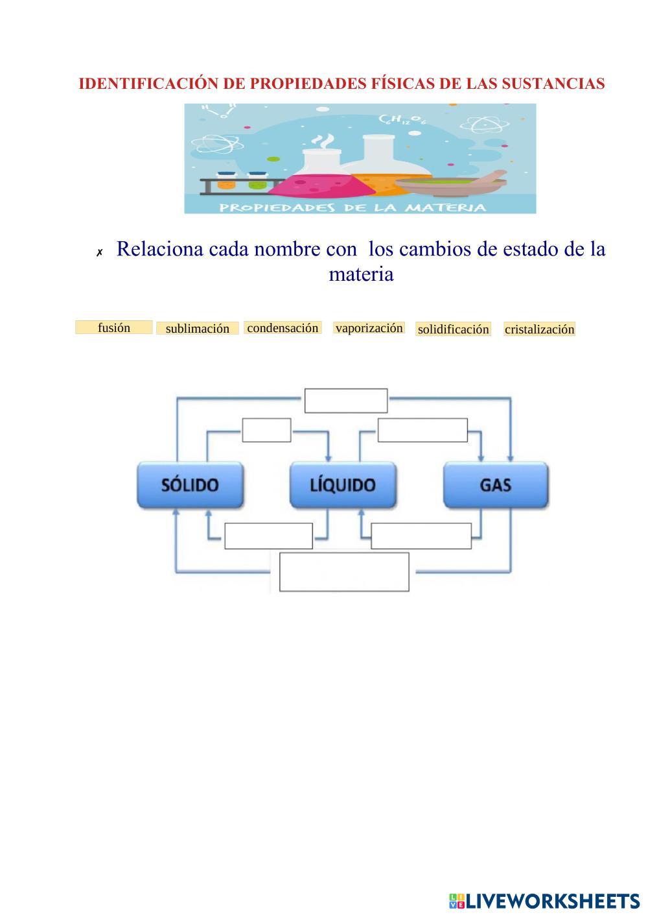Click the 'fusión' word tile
coord(114,327)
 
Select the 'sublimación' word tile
coord(197,328)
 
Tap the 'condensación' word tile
coord(283,327)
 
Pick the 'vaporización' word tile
coord(369,327)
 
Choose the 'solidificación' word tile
coord(453,329)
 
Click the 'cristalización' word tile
coord(539,329)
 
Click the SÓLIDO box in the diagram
coord(190,484)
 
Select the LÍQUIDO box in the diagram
coord(343,484)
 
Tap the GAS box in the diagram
coord(496,484)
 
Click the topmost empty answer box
coord(346,401)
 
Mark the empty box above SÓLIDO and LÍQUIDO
coord(266,430)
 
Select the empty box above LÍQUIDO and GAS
coord(422,430)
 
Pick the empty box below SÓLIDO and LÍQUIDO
coord(268,536)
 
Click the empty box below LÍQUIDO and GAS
coord(421,536)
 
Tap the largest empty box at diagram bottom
coord(344,572)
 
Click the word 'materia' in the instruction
coord(361,274)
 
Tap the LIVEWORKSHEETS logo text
coord(552,901)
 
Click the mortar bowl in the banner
coord(447,185)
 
